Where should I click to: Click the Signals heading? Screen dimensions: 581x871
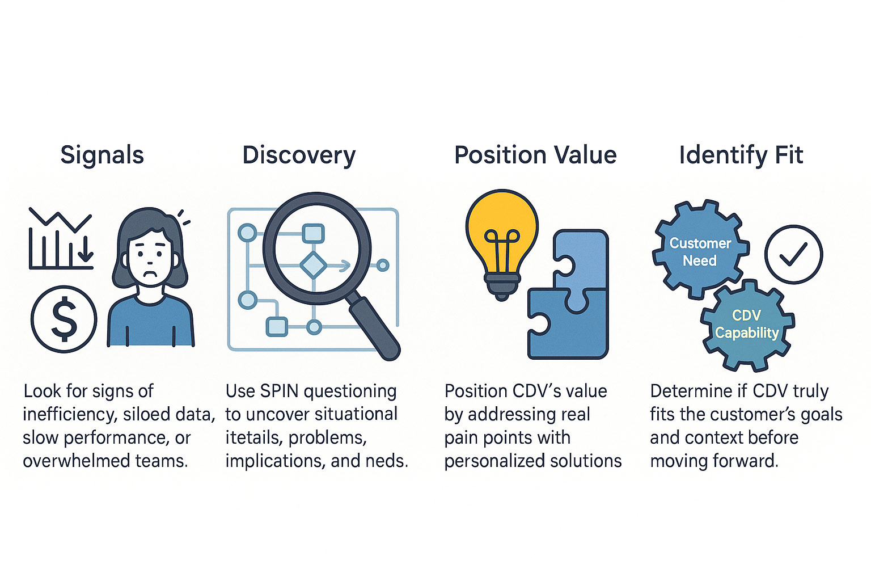(x=102, y=155)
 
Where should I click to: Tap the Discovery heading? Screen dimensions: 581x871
(x=299, y=155)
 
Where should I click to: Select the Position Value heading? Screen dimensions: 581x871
(x=535, y=155)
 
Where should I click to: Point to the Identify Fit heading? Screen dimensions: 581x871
(x=741, y=155)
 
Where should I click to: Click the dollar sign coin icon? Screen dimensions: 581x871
(x=64, y=319)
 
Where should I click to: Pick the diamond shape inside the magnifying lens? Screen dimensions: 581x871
(x=313, y=265)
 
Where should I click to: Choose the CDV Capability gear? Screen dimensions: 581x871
(x=746, y=324)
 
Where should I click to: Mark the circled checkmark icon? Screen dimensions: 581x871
(x=793, y=254)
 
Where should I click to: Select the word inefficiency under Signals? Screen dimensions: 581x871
(x=67, y=414)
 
